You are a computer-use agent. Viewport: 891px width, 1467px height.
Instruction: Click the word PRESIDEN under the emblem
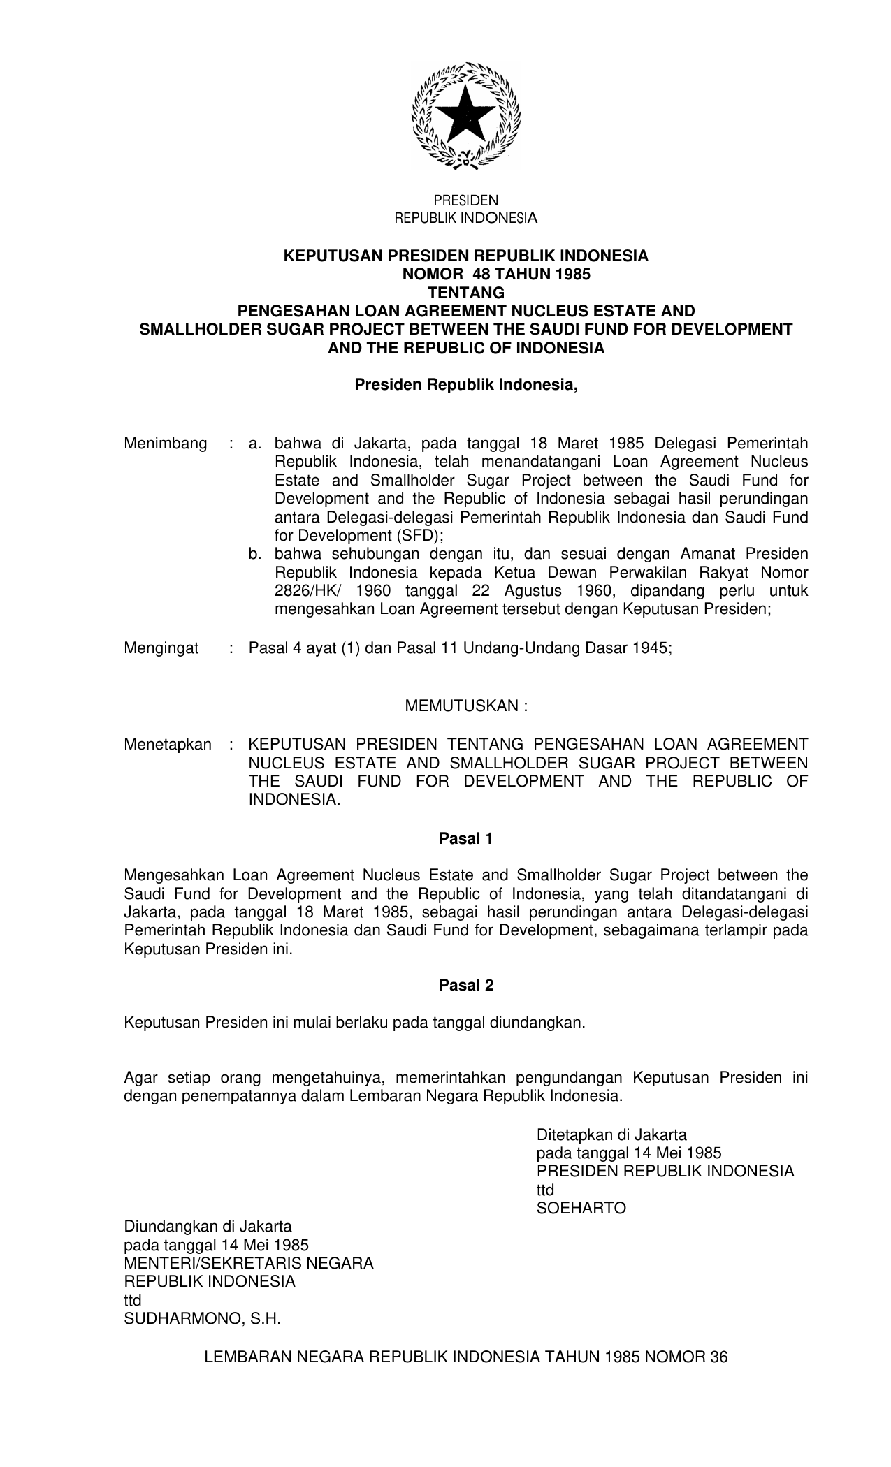(x=466, y=200)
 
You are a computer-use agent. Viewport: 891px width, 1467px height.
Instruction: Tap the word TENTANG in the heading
(x=466, y=293)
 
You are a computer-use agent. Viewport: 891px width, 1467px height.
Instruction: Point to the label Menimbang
(x=166, y=444)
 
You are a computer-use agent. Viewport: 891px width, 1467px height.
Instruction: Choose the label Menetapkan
(x=168, y=745)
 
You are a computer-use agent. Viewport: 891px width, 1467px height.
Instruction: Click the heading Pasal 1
(x=466, y=839)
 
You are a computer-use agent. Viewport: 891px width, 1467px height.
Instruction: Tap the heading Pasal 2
(x=466, y=986)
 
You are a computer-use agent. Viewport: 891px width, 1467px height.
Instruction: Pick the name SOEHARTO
(x=581, y=1209)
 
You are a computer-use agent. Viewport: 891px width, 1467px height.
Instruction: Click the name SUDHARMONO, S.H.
(x=202, y=1319)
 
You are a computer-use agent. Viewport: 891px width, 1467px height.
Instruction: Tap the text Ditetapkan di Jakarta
(x=611, y=1134)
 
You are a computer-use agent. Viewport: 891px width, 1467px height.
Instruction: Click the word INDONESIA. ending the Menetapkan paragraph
(x=294, y=800)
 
